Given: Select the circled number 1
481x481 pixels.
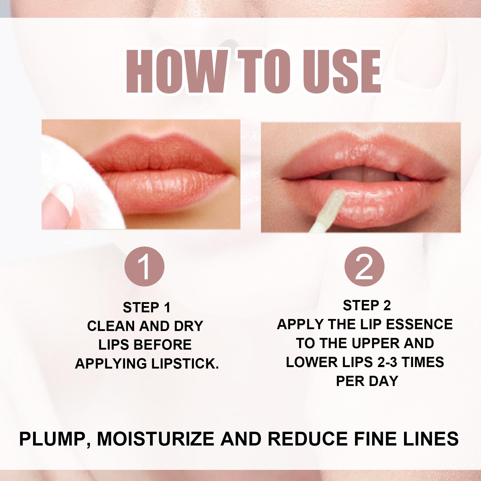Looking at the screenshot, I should pyautogui.click(x=145, y=267).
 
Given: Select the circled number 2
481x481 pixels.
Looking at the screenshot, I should pyautogui.click(x=364, y=267).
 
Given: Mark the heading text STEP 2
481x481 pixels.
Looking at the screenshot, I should pyautogui.click(x=367, y=305).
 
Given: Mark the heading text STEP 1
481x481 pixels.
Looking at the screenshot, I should pyautogui.click(x=147, y=308).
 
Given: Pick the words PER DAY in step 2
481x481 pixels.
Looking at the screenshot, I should pyautogui.click(x=367, y=381).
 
